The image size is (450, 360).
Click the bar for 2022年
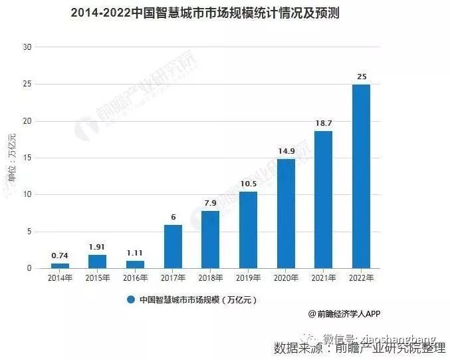361,176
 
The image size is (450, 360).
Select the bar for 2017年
173,246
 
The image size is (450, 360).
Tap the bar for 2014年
60,266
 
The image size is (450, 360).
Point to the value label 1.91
98,247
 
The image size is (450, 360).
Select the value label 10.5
248,184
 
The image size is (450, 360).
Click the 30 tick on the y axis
27,47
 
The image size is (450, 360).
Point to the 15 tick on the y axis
27,158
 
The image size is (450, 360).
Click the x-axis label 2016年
135,277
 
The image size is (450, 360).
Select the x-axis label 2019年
248,277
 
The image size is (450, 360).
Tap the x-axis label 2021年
323,277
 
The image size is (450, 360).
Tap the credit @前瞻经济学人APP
344,313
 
